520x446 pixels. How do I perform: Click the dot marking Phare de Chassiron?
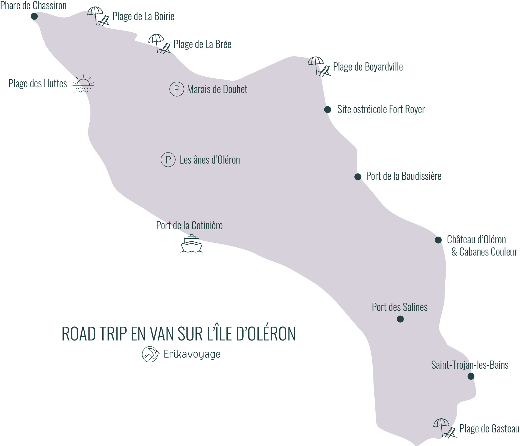[x=34, y=17]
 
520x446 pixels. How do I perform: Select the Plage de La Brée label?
[x=202, y=44]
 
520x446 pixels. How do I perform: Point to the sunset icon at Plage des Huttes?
[x=83, y=84]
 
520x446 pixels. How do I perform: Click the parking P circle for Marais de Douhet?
[x=177, y=89]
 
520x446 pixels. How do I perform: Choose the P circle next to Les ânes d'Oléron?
[x=168, y=160]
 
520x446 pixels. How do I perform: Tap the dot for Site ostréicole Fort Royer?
[x=328, y=110]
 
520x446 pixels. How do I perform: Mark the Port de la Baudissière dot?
[x=358, y=177]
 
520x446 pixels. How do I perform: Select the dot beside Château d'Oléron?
[x=438, y=240]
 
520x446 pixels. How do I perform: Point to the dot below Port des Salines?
[x=400, y=319]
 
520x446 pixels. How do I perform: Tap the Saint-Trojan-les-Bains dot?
[x=471, y=376]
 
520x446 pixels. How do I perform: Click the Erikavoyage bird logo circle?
[x=150, y=354]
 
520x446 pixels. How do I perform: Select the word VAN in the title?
[x=164, y=334]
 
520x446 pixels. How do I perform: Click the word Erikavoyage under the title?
[x=192, y=354]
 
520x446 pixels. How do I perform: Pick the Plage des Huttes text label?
[x=38, y=84]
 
